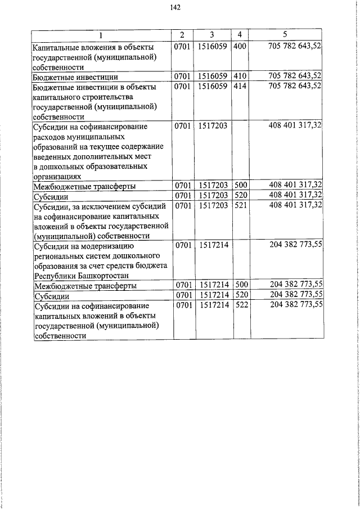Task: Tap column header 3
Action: click(212, 35)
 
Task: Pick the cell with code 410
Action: click(240, 75)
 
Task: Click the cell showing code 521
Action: click(240, 205)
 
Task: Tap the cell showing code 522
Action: click(240, 305)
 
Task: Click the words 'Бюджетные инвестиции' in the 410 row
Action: click(67, 76)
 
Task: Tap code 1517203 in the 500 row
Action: click(212, 186)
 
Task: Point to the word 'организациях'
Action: click(57, 176)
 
